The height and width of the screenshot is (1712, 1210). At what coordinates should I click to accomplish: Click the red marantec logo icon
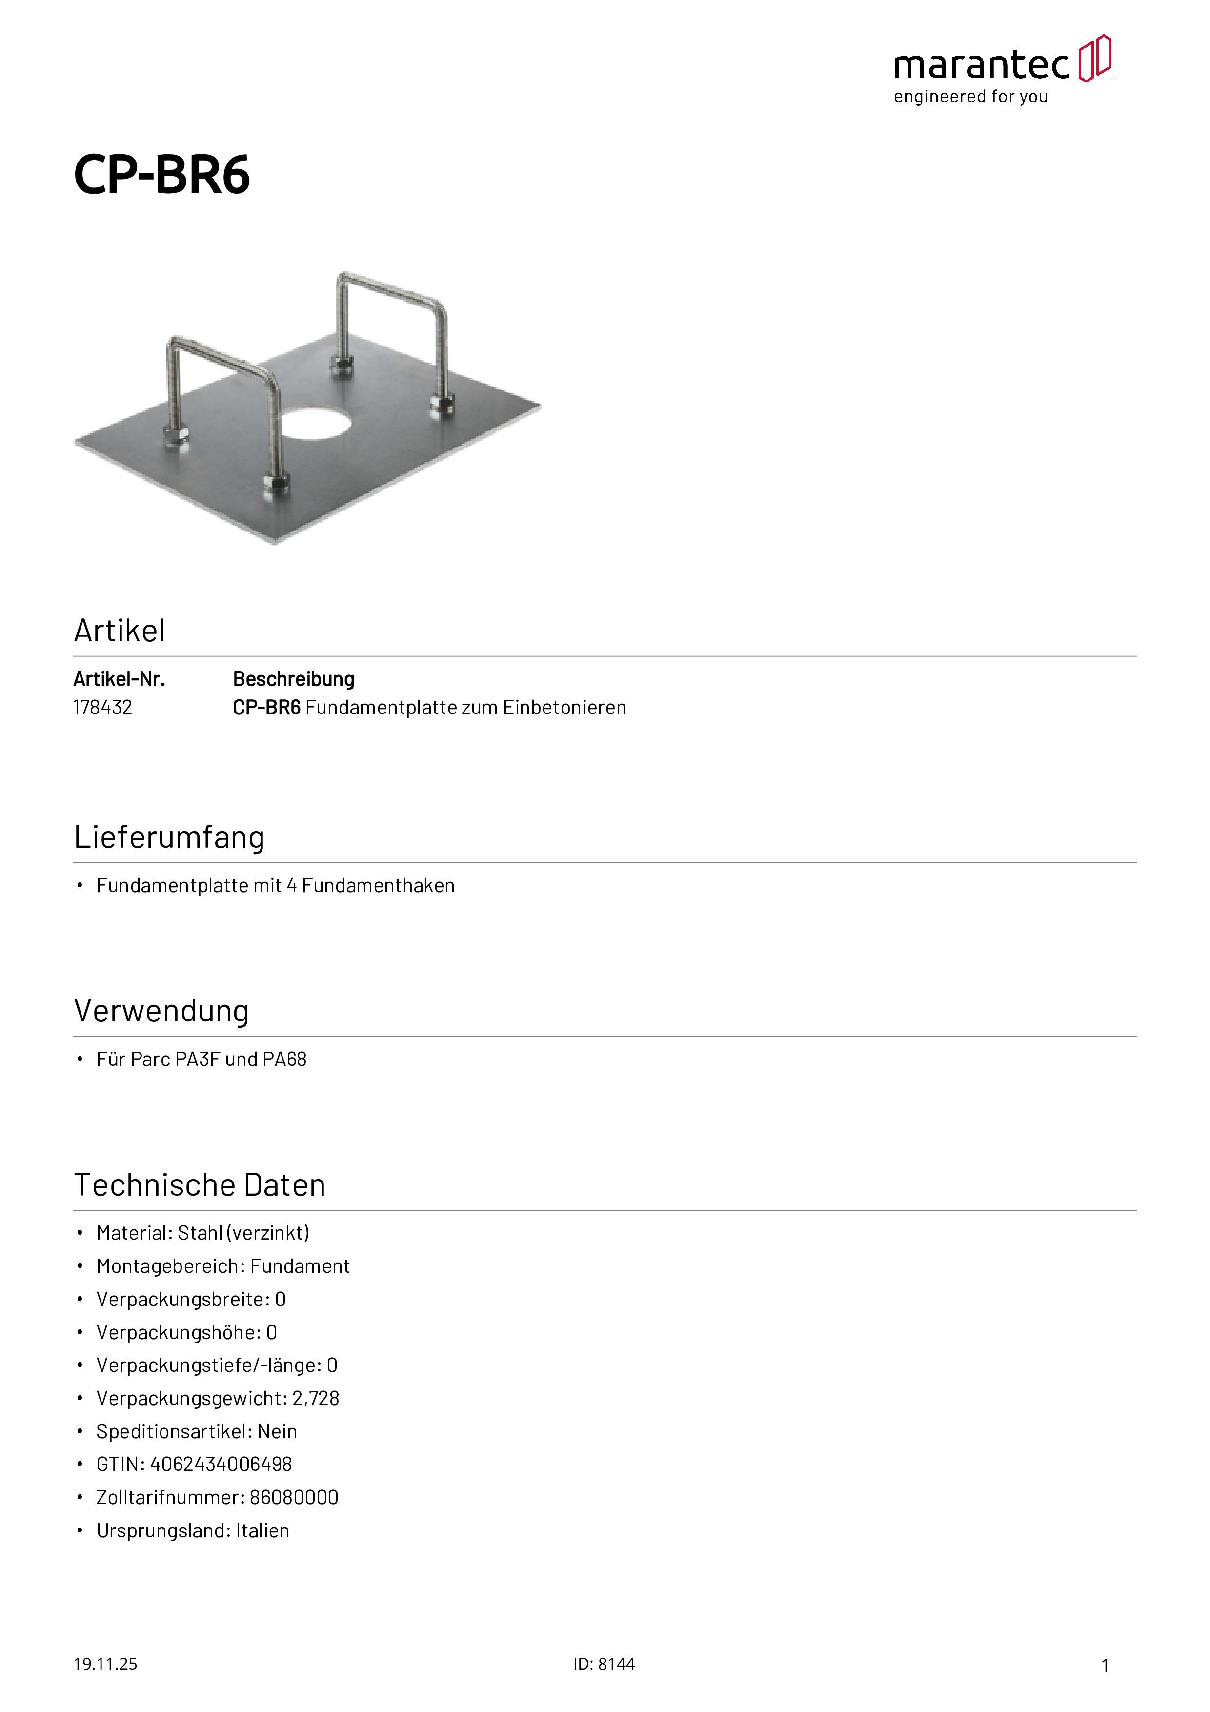[1094, 58]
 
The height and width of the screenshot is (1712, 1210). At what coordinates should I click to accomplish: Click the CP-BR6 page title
[162, 175]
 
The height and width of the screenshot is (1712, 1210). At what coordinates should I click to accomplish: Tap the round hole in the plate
[316, 424]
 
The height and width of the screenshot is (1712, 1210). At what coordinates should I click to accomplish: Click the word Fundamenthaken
[378, 885]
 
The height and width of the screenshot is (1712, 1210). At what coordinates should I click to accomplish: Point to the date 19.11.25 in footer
[105, 1664]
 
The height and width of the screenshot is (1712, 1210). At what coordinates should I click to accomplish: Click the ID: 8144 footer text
[604, 1664]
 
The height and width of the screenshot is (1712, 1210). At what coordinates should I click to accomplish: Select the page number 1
[1105, 1665]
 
